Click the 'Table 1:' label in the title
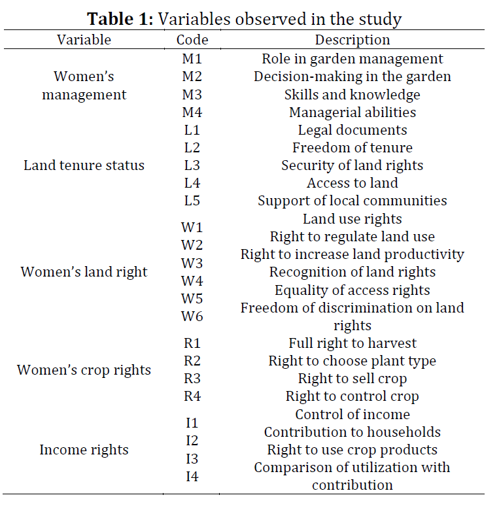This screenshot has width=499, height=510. [x=120, y=19]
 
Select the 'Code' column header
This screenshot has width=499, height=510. [x=192, y=40]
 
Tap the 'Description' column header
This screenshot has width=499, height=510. [x=353, y=40]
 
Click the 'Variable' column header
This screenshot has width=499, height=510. [x=84, y=40]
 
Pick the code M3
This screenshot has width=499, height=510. [x=192, y=95]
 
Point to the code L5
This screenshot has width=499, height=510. [x=192, y=201]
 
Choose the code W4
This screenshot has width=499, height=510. [x=192, y=280]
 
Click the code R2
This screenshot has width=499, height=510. [x=192, y=361]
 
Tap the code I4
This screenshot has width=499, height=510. [x=192, y=477]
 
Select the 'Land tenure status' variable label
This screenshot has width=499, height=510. [x=84, y=165]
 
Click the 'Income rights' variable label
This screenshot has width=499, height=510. [x=84, y=450]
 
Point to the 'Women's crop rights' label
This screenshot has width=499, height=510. [x=84, y=370]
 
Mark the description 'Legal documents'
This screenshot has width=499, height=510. [x=353, y=130]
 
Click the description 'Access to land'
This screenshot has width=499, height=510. [x=353, y=183]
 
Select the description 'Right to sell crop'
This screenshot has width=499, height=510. [x=353, y=379]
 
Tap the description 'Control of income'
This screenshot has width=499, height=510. [x=353, y=415]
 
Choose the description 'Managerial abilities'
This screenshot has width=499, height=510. [x=353, y=112]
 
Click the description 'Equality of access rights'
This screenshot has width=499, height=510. [x=353, y=290]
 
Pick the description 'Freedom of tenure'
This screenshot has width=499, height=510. [x=353, y=148]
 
